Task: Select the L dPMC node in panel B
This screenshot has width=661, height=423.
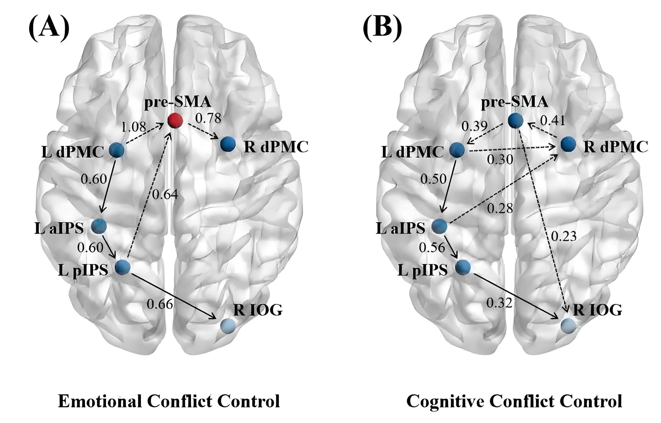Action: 457,150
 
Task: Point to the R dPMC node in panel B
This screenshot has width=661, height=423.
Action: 568,144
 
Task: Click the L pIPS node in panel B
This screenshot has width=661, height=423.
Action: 463,267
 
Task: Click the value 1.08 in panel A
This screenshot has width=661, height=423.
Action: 134,127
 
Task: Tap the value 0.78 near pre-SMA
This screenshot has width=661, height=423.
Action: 208,118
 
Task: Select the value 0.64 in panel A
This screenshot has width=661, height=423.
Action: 165,194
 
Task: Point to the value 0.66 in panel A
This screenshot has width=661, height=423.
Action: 160,304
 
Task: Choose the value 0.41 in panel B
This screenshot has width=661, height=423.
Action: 553,120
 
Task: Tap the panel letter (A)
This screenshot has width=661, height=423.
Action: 49,29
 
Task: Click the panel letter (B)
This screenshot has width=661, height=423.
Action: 382,29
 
